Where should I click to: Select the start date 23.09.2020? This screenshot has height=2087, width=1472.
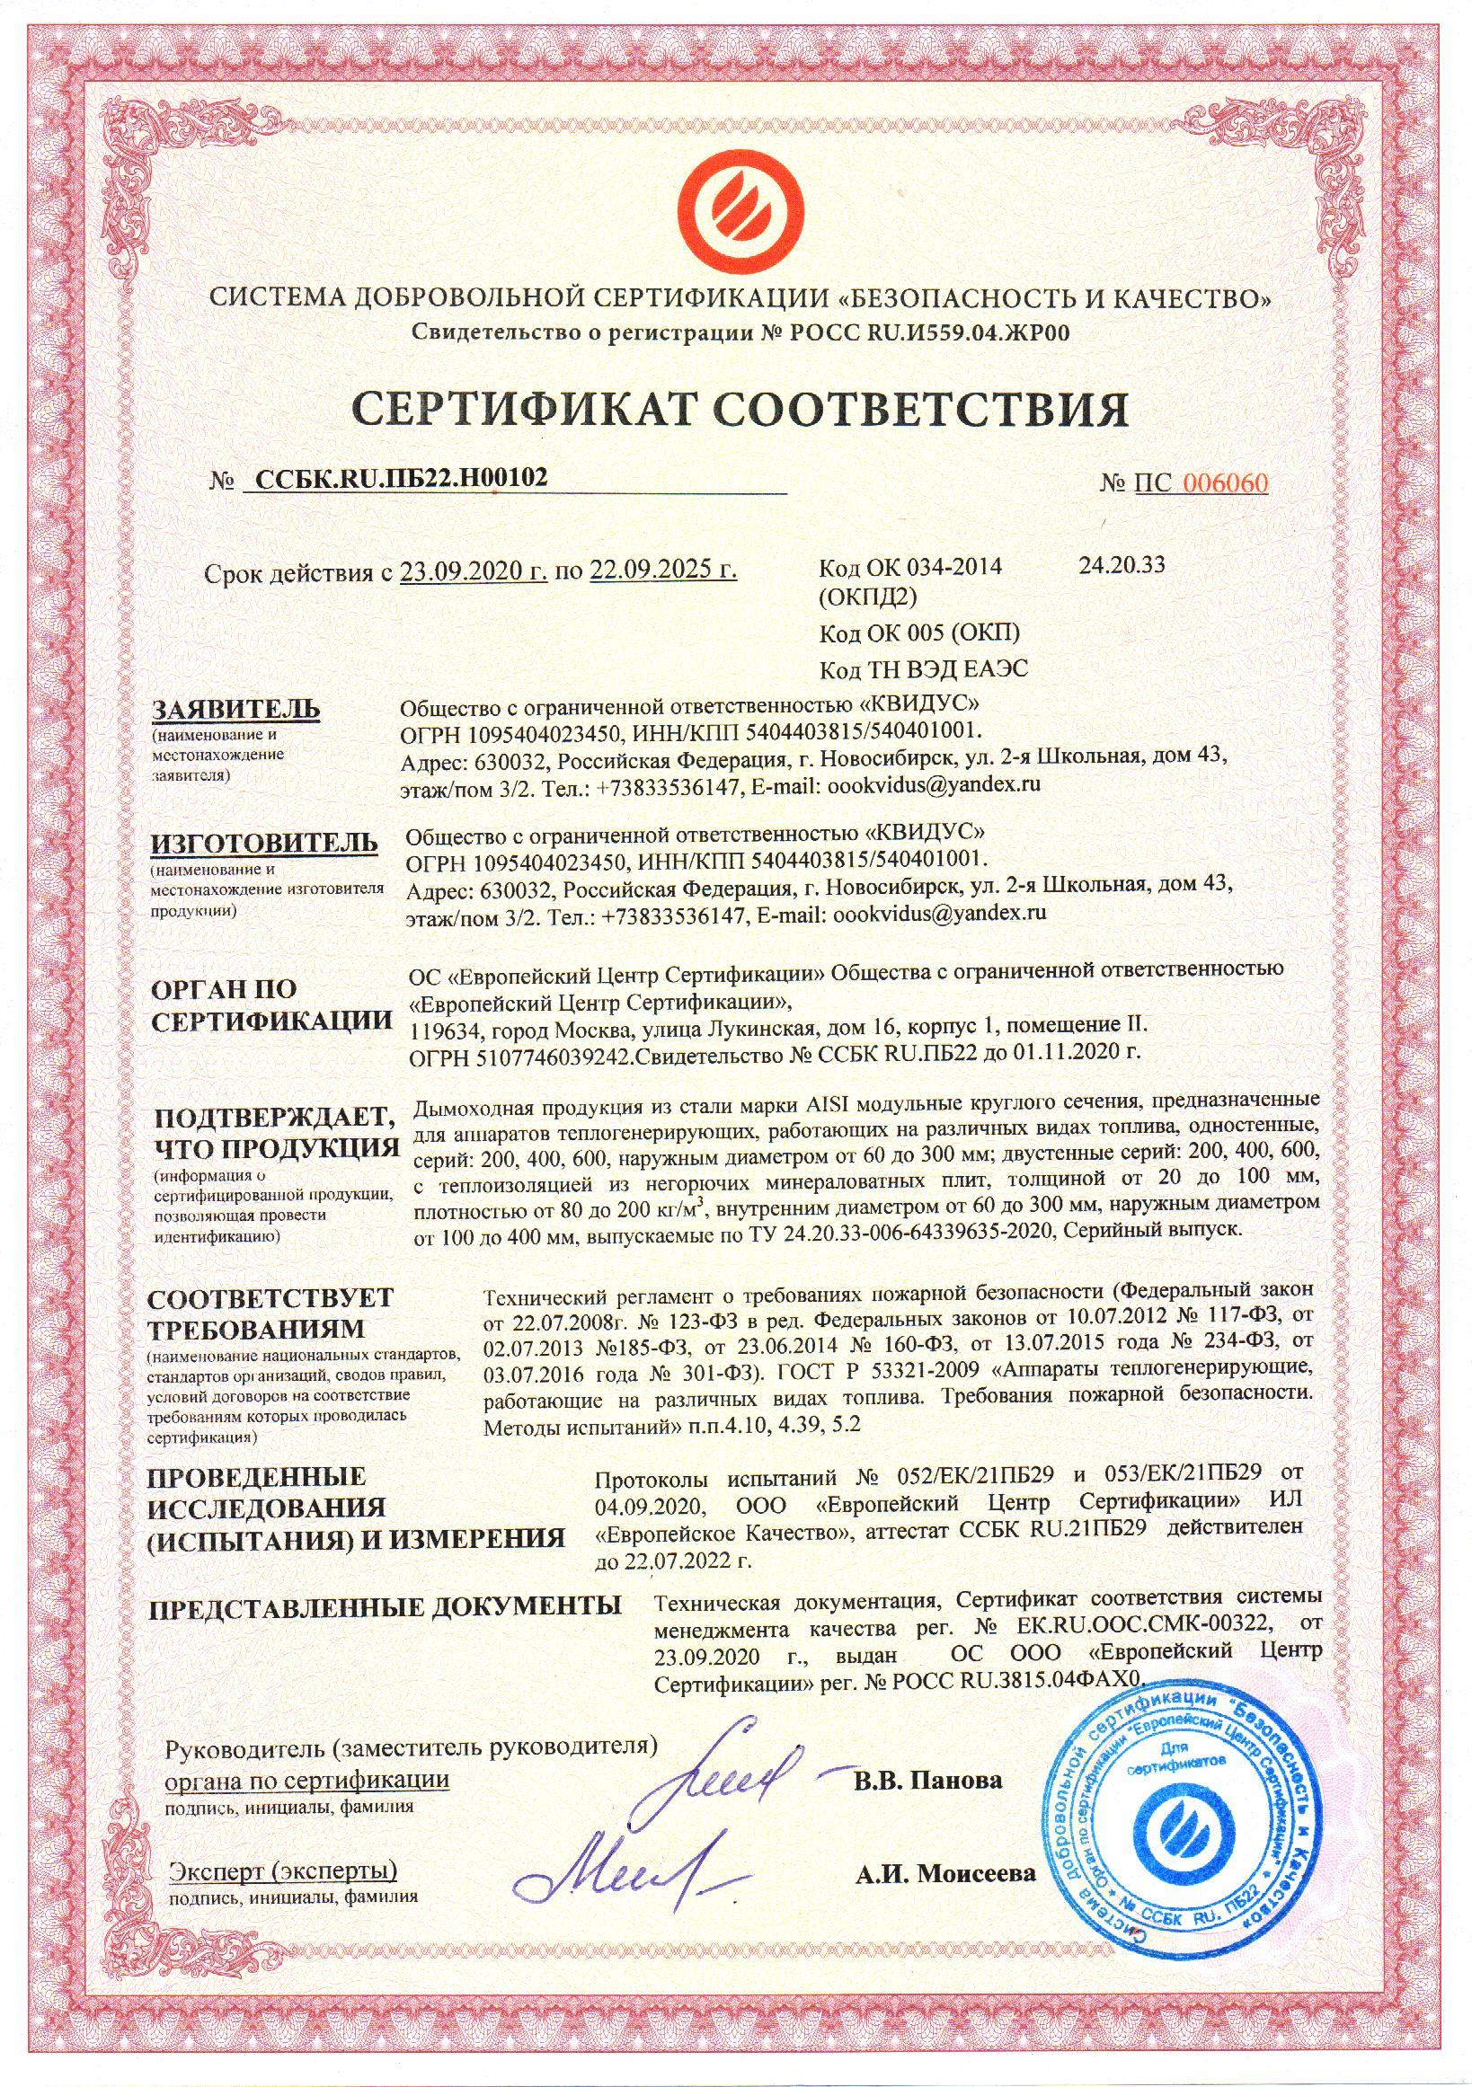(x=473, y=571)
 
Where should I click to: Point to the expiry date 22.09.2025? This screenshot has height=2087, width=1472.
(x=663, y=571)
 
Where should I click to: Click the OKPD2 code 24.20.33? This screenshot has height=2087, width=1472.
(x=1122, y=565)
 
